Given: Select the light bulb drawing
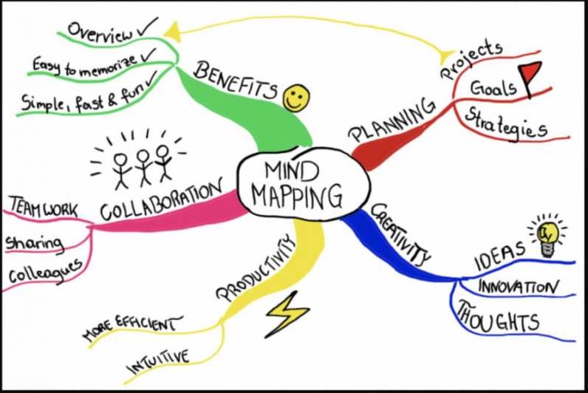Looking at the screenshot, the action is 548,237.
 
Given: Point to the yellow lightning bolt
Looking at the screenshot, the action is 287,314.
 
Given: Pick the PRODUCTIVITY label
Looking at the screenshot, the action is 256,267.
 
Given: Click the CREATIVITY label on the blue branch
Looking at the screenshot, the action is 400,234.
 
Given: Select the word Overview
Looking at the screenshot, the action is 100,31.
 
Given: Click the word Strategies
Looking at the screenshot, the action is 506,122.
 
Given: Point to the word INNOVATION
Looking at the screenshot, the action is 518,287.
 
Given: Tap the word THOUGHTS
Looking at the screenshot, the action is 497,318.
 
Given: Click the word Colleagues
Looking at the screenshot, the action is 45,271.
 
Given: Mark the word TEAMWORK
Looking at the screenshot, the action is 44,208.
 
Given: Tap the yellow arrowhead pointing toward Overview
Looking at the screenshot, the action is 173,32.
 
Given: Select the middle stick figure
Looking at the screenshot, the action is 143,167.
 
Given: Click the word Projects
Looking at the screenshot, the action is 472,59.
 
